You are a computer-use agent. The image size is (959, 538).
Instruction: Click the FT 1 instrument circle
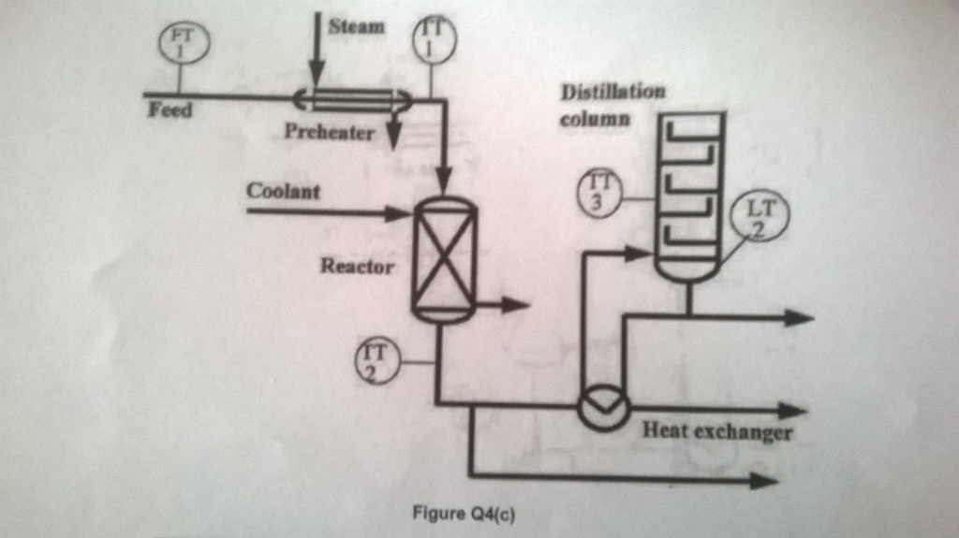point(183,42)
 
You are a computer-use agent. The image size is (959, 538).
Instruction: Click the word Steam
point(356,26)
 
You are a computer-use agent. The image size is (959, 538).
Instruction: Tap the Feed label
point(170,110)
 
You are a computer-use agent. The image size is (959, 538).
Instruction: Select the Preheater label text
point(330,132)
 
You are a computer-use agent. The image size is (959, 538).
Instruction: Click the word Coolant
point(283,192)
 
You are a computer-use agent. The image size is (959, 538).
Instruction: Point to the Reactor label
point(357,265)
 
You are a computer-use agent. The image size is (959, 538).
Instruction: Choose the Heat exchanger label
point(717,432)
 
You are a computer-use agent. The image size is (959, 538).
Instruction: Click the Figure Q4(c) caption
point(463,513)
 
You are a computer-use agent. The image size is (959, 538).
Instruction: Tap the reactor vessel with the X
point(445,260)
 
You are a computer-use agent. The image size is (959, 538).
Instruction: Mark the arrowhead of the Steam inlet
point(317,75)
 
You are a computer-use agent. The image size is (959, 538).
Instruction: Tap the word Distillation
point(612,93)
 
